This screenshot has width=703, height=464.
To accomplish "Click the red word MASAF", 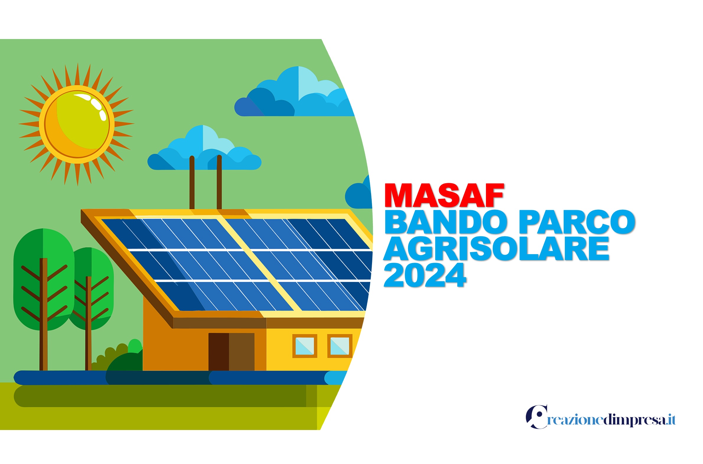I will pos(443,196).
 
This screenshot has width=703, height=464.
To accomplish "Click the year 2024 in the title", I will pos(425,275).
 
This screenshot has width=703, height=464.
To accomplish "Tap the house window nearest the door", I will pos(304,346).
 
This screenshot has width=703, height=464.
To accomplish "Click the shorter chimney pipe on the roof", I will pos(192,184).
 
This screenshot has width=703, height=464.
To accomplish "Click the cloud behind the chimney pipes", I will pos(204,151).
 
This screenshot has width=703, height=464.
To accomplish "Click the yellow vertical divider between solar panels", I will pos(260,263).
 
